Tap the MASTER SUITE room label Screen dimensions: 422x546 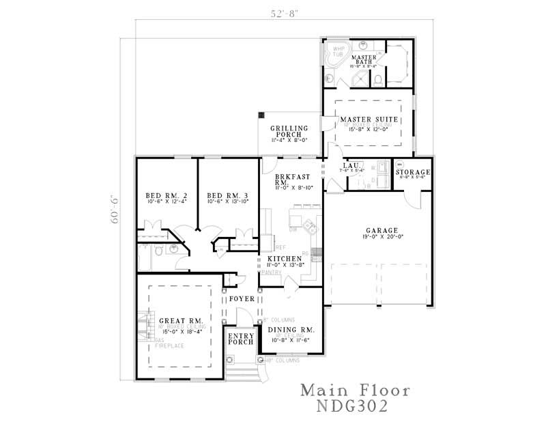pos(369,119)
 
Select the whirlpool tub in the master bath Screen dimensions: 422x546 pos(337,55)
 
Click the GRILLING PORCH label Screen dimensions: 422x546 pos(289,132)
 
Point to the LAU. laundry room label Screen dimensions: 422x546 pos(351,166)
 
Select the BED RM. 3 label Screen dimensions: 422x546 pos(227,195)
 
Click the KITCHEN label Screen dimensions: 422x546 pos(285,259)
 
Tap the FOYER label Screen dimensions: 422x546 pos(241,299)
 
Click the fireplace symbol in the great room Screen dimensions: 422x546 pos(142,324)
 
